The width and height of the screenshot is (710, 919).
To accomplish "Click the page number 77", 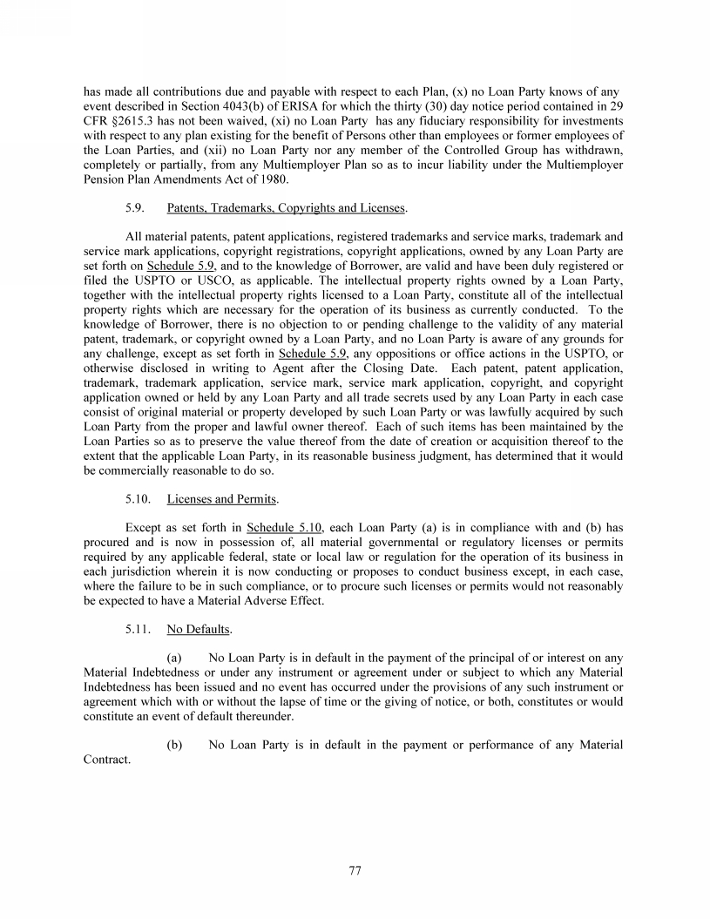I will [x=355, y=870].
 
